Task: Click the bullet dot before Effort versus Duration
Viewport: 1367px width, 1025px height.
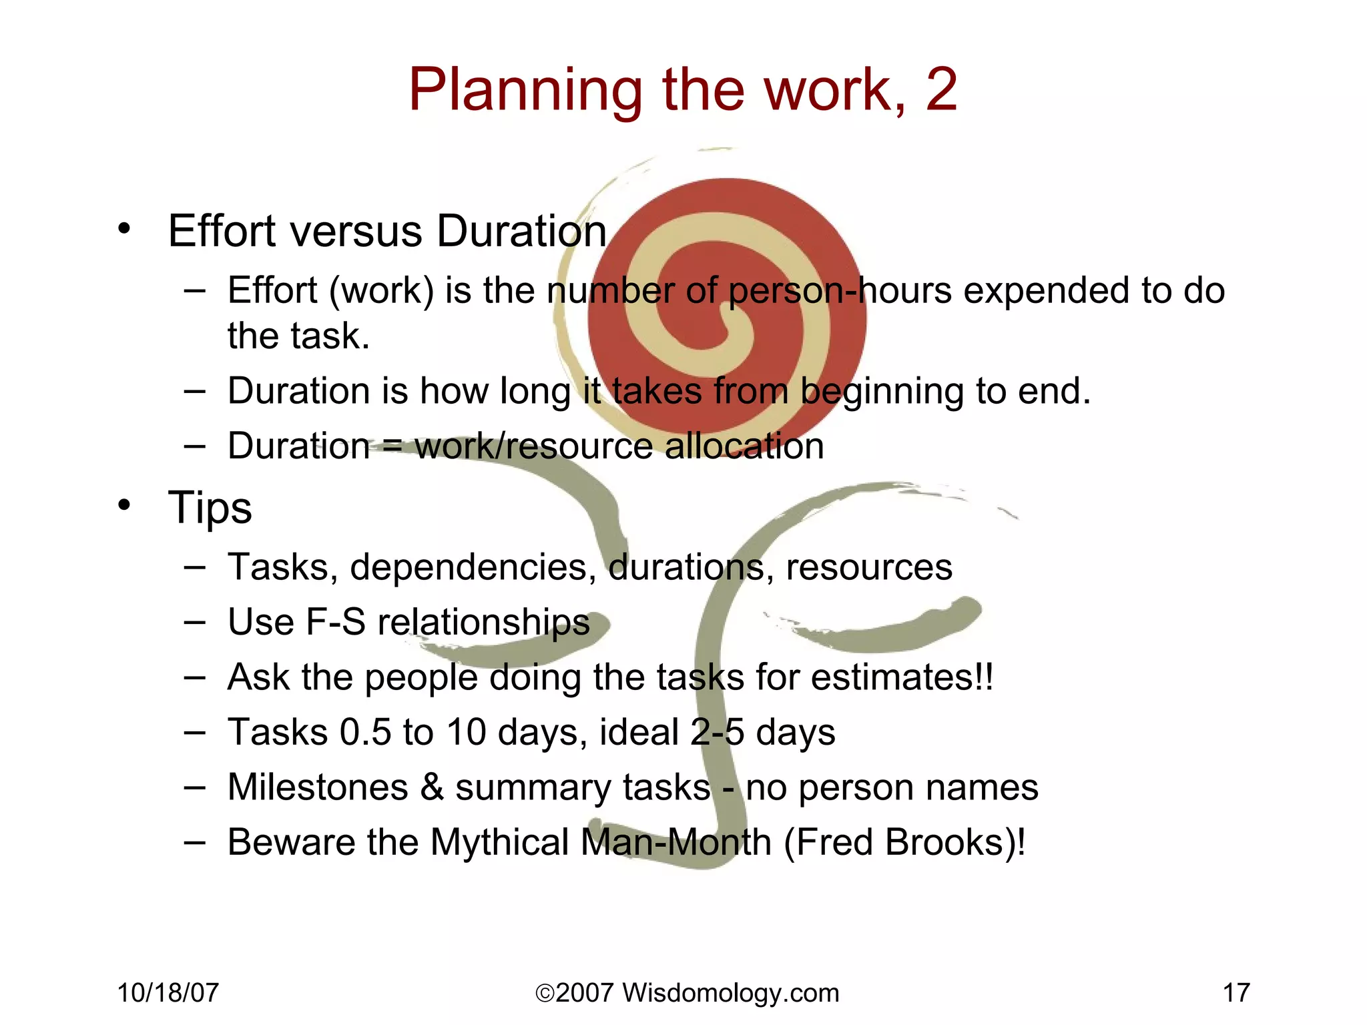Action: [124, 230]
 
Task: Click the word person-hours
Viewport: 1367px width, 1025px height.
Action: [840, 292]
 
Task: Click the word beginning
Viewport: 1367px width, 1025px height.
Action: [882, 392]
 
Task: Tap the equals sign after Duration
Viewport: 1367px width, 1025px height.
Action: [392, 446]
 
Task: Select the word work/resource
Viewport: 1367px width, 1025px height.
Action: [533, 446]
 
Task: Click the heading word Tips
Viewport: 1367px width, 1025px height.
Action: [210, 508]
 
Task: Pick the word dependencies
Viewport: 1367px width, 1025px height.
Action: [473, 567]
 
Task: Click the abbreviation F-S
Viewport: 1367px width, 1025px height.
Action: [336, 622]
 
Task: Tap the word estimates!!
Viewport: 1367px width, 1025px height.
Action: [902, 677]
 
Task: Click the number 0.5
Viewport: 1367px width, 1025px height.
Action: [365, 732]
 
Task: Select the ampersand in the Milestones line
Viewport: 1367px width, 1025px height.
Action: [432, 787]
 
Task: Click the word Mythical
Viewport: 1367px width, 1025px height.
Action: [499, 842]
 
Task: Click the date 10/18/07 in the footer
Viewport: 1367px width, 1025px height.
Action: [168, 993]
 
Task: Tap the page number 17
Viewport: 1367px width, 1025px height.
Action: [1236, 993]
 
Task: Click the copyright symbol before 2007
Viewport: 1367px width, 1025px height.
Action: [545, 994]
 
